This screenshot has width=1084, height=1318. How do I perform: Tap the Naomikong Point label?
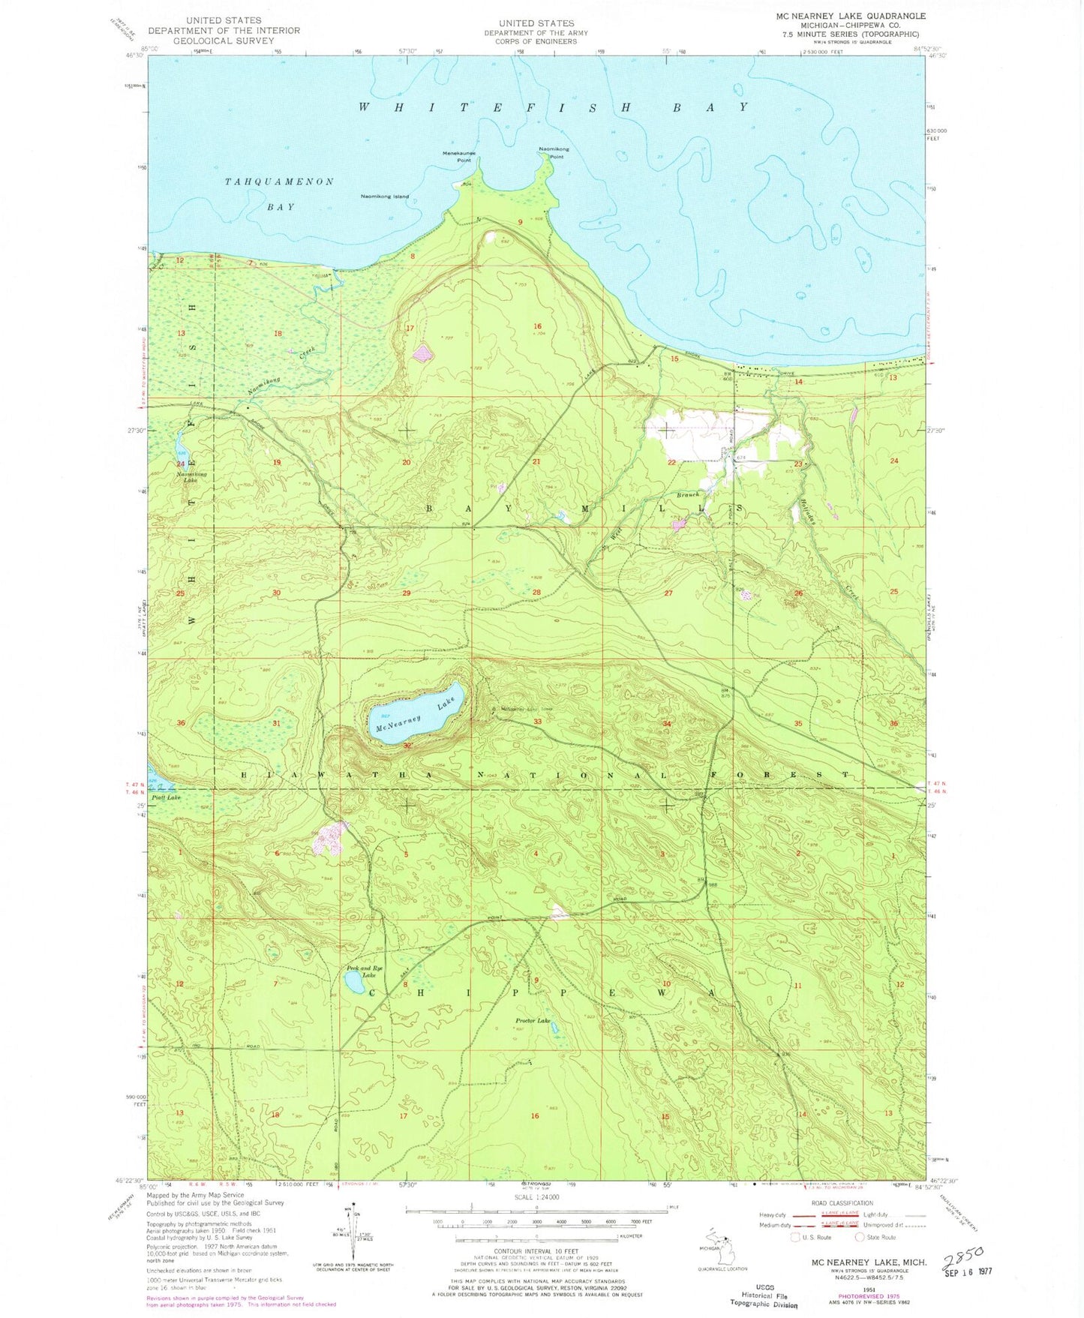click(554, 152)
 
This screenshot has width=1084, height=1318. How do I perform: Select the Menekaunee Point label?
click(459, 156)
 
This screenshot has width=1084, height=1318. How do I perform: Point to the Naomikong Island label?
click(385, 197)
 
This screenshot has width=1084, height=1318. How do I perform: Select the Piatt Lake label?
click(166, 797)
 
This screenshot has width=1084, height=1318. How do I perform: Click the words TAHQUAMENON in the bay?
click(279, 182)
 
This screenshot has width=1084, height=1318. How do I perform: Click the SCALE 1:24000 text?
click(536, 1197)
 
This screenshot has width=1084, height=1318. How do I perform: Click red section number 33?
click(537, 722)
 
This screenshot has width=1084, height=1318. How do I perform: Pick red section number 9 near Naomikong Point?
click(520, 222)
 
